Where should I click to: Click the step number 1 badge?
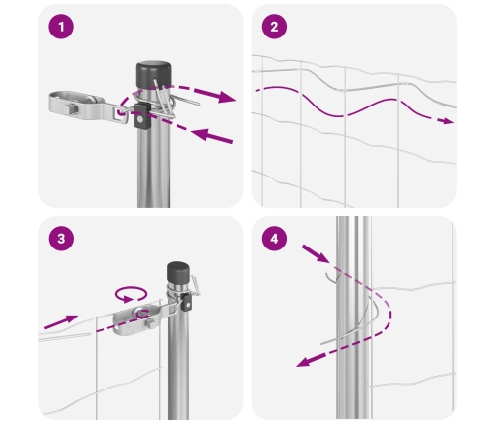(61, 27)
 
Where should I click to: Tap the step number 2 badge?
(274, 27)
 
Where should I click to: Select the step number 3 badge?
(61, 239)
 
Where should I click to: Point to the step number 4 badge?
(274, 239)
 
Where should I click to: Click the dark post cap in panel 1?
(153, 74)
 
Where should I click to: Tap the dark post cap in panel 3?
(178, 271)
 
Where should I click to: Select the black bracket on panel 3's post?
(187, 303)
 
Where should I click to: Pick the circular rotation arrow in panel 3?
(131, 294)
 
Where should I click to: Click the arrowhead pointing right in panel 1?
(227, 97)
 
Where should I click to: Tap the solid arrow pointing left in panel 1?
(211, 136)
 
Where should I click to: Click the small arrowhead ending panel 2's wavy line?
(448, 121)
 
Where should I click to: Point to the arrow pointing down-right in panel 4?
(316, 253)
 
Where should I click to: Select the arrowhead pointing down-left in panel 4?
(303, 362)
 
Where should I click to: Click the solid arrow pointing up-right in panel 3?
(61, 321)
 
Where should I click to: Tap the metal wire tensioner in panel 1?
(89, 106)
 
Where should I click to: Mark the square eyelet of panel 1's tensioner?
(120, 112)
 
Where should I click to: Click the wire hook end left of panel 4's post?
(331, 277)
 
